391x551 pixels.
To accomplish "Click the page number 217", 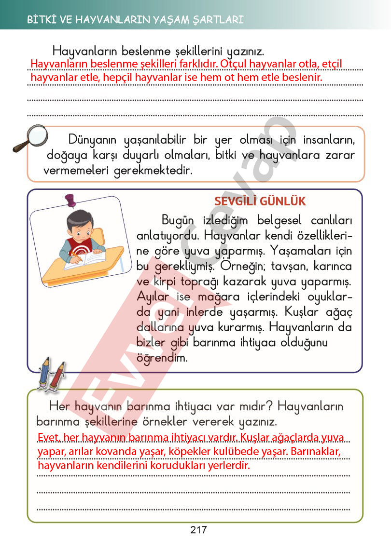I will (x=198, y=530).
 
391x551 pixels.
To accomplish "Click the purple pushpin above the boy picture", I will (x=71, y=200).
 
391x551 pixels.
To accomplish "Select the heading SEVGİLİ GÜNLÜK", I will (x=260, y=202).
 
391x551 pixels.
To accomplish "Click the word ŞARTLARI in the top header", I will (x=220, y=20).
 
